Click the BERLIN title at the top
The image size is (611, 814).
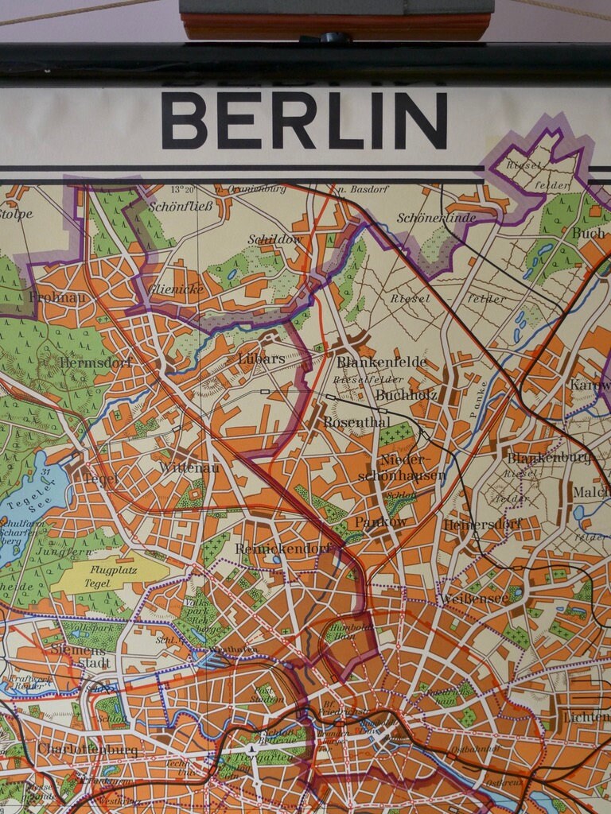[304, 120]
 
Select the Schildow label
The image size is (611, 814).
[274, 239]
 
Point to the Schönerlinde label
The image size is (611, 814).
[437, 218]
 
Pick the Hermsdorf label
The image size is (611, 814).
[95, 362]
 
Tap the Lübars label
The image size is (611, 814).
[261, 359]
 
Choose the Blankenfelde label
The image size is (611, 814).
[381, 362]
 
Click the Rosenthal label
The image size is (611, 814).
[356, 422]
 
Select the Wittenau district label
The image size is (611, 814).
[189, 467]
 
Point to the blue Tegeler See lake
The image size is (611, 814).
[28, 501]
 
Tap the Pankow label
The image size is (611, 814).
[381, 522]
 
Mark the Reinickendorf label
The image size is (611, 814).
[282, 548]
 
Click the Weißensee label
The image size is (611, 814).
[475, 597]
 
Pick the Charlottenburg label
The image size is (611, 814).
[88, 750]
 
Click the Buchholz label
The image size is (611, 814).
[406, 394]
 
